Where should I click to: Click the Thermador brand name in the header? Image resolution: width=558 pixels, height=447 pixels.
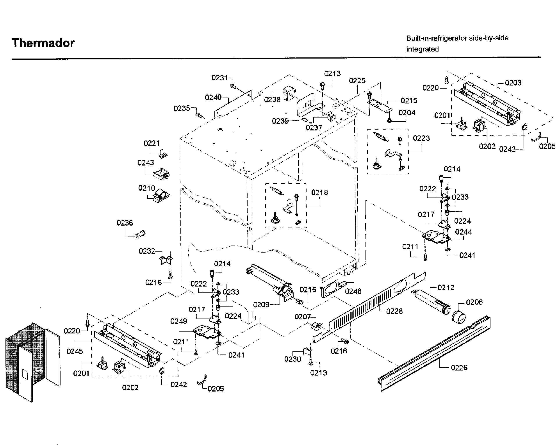tap(43, 43)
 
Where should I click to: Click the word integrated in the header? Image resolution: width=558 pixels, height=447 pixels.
tap(422, 49)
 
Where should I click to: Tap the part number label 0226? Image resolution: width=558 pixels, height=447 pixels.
tap(459, 368)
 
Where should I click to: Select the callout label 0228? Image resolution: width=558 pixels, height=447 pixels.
tap(394, 311)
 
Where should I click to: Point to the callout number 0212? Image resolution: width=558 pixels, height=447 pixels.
tap(446, 288)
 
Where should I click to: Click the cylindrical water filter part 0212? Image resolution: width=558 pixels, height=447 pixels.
tap(432, 302)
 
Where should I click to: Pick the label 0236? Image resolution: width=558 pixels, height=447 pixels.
tap(125, 223)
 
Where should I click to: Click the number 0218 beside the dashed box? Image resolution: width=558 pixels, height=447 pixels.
tap(319, 192)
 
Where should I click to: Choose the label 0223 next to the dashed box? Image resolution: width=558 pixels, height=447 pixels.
tap(421, 139)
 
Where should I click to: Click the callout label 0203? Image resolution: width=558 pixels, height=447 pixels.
tap(513, 83)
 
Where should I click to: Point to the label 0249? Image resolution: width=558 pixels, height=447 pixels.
tap(178, 321)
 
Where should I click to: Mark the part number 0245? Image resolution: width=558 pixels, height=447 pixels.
tap(75, 351)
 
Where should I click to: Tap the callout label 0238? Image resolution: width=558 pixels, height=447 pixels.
tap(272, 100)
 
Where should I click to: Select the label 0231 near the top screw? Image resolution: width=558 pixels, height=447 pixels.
tap(219, 78)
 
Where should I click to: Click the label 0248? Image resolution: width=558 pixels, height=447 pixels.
tap(353, 291)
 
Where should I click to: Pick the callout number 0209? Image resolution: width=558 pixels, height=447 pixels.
tap(261, 305)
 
